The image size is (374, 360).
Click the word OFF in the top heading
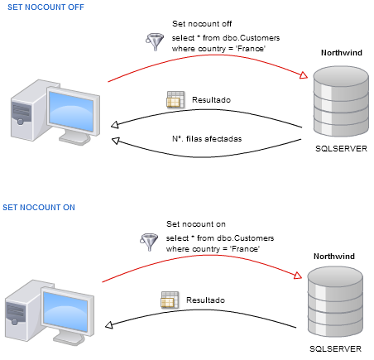point(75,7)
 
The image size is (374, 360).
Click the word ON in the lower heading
point(69,207)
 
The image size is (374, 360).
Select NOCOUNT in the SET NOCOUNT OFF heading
point(44,7)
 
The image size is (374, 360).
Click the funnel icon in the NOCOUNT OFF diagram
point(155,41)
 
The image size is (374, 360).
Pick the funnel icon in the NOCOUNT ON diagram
point(149,241)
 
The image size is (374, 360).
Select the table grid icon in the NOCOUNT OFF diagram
point(175,100)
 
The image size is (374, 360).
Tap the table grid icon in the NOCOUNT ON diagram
point(170,300)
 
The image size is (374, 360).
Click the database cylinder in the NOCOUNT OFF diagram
point(341,101)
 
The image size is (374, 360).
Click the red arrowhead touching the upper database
point(304,75)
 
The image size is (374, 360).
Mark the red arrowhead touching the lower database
point(298,275)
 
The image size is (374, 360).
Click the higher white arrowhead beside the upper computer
point(115,125)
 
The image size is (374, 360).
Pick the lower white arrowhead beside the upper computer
point(116,141)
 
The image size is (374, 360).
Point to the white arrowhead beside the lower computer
point(108,325)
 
